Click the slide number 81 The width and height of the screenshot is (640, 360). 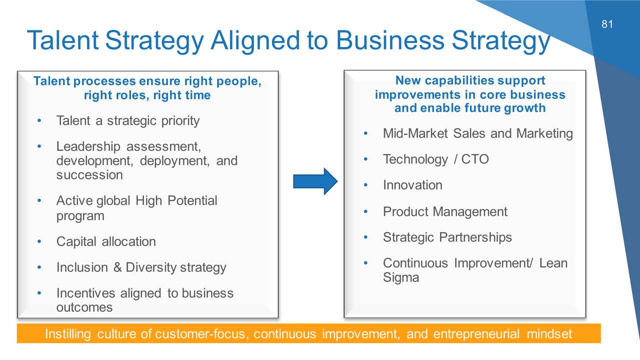(x=607, y=24)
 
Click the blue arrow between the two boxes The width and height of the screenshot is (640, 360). (x=315, y=181)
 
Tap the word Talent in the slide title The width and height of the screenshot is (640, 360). (x=63, y=40)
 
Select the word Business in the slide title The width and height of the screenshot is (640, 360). (x=390, y=40)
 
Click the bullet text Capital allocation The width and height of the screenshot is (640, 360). (x=106, y=241)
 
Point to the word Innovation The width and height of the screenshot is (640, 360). (x=412, y=185)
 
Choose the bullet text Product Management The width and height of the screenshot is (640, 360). (x=445, y=211)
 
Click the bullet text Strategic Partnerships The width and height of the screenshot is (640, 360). (x=447, y=237)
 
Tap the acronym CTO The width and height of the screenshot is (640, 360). (x=475, y=159)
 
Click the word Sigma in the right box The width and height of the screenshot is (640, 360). (x=401, y=277)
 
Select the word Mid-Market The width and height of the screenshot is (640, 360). (x=415, y=133)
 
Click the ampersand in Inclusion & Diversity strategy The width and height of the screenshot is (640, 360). (x=117, y=267)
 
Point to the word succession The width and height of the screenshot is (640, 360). (x=89, y=175)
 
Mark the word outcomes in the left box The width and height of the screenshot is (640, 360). (x=84, y=307)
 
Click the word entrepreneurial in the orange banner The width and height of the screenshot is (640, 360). (x=476, y=334)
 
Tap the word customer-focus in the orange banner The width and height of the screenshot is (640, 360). (x=200, y=334)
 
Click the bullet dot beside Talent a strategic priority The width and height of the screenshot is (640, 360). (x=39, y=120)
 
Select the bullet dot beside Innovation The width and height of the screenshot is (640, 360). (x=365, y=185)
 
